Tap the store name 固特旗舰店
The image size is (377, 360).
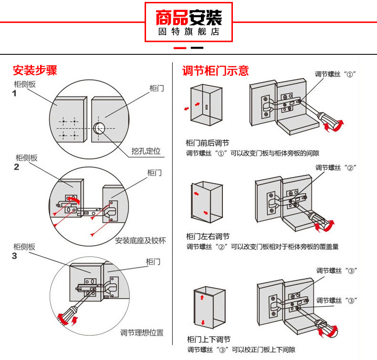click(188, 32)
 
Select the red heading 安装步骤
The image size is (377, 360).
click(35, 71)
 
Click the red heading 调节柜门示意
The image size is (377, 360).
click(216, 71)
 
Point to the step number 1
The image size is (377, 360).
click(14, 93)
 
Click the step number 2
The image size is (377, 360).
click(16, 167)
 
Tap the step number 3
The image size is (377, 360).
click(14, 256)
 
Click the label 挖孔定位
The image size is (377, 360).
click(146, 152)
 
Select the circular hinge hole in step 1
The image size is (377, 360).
click(100, 128)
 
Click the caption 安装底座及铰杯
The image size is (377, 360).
click(140, 240)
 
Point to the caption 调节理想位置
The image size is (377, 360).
click(142, 332)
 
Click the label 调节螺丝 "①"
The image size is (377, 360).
click(336, 74)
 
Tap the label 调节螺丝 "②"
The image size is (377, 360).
click(336, 167)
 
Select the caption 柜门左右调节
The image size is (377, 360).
click(208, 236)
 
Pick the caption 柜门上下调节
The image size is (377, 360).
click(208, 339)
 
